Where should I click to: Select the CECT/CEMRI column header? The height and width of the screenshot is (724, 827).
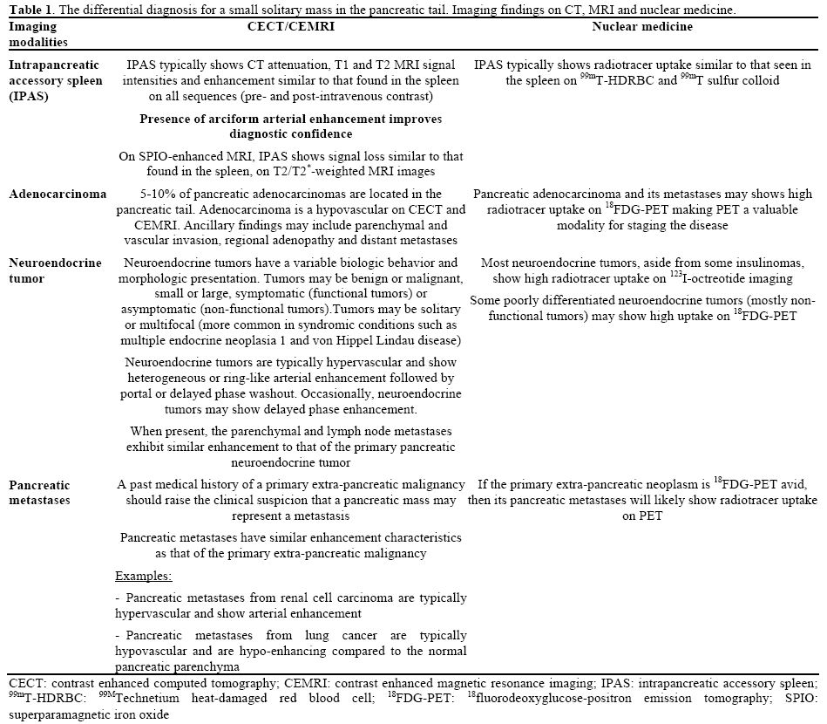(x=291, y=27)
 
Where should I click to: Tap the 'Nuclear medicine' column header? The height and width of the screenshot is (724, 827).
(x=642, y=27)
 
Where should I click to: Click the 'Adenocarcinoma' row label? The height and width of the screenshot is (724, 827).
(x=57, y=195)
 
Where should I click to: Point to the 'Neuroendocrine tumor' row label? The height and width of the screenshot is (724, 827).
(x=55, y=270)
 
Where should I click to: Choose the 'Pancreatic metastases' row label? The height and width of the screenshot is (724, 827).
(x=40, y=492)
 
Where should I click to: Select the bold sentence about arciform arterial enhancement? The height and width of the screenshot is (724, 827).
(x=291, y=126)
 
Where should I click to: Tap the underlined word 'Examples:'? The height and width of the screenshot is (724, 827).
(x=144, y=576)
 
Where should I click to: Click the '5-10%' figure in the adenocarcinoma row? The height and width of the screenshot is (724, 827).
(x=157, y=195)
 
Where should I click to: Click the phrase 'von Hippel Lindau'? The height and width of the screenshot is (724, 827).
(x=339, y=339)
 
